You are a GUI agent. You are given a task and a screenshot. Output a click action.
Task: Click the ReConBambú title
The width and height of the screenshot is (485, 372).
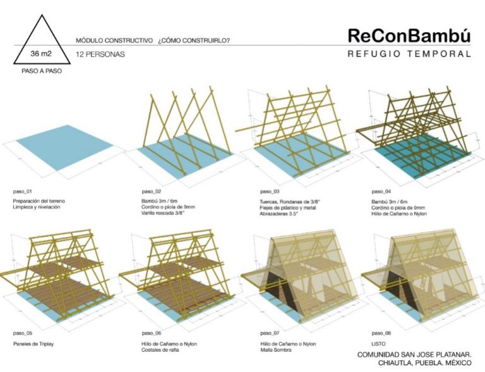409,37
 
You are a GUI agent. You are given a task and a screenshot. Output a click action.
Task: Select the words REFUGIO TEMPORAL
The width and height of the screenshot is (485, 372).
409,54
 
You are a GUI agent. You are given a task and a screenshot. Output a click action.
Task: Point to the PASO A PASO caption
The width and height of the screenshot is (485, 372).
39,71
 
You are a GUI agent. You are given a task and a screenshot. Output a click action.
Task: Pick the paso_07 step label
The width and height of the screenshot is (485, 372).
266,332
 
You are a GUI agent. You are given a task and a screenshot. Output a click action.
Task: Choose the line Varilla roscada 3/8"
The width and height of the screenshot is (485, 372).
165,213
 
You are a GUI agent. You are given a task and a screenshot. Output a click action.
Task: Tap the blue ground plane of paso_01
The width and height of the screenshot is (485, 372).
64,152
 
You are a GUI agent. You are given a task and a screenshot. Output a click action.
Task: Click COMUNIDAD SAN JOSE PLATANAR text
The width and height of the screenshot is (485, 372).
415,354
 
